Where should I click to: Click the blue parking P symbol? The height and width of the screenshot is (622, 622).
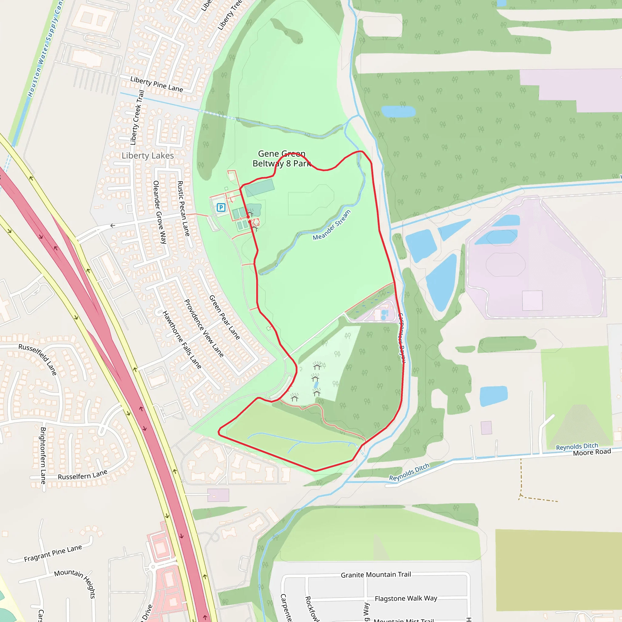221,207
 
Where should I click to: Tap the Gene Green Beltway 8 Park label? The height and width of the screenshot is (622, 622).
282,159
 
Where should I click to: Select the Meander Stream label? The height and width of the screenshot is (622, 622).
332,225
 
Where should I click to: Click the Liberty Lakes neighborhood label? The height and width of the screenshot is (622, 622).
147,156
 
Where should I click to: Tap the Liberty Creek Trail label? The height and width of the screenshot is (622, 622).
137,118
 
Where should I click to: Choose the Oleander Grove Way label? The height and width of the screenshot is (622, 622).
160,212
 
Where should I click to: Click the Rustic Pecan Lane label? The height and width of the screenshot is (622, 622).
183,208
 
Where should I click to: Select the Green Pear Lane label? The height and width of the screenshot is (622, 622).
225,317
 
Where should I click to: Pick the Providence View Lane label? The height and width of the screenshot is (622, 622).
204,328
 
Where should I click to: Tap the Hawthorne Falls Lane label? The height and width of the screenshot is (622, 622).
182,340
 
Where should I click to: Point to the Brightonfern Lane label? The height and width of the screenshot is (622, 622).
43,456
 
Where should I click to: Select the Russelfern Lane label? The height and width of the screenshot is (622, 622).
82,475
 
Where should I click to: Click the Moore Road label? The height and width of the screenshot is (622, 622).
592,452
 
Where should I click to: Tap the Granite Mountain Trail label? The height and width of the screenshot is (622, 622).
376,575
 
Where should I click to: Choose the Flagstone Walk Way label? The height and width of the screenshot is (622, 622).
406,599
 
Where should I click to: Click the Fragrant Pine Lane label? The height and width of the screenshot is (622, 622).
53,553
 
